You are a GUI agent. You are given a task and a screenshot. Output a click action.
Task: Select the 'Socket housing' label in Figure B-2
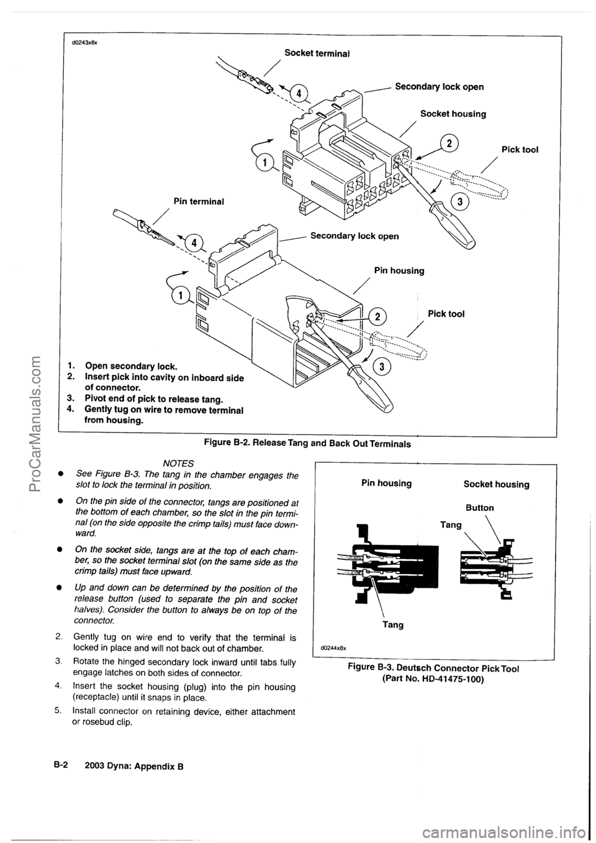(x=453, y=114)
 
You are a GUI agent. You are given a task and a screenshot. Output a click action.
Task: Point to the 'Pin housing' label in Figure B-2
(x=399, y=271)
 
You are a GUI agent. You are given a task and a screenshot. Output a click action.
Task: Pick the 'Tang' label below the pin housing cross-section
(x=391, y=625)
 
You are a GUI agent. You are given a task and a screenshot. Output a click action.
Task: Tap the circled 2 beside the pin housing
(x=376, y=317)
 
